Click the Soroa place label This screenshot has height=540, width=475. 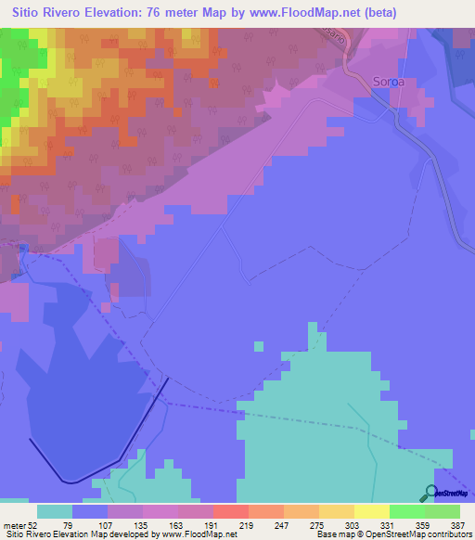coord(388,82)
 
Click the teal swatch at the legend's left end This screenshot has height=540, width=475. coord(55,511)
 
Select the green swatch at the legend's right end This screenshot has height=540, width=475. coord(442,511)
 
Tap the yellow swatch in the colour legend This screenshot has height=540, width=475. coord(371,511)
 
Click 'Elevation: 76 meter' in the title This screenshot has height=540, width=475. coord(163,12)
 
